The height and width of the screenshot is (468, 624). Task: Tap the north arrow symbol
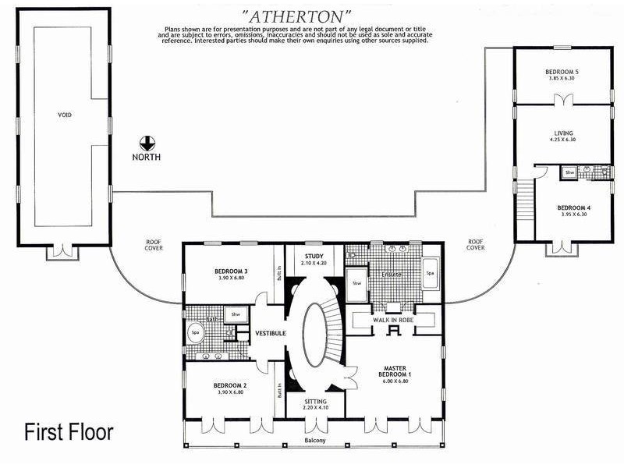(x=147, y=143)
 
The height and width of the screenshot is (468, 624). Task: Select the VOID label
(x=65, y=115)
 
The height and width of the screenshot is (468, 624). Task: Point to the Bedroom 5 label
(x=562, y=73)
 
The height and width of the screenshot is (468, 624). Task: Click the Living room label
(x=562, y=133)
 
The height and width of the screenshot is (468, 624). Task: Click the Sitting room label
(x=315, y=401)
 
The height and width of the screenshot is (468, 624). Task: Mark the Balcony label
(x=315, y=441)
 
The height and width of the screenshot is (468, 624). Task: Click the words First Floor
(x=69, y=431)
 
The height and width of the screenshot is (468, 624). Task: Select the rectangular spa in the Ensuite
(x=430, y=274)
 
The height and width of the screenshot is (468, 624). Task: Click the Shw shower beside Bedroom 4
(x=569, y=172)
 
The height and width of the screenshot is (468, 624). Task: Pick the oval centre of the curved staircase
(x=315, y=334)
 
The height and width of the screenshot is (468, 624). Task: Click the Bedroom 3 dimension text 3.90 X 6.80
(x=230, y=278)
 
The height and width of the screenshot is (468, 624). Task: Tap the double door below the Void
(x=60, y=251)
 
